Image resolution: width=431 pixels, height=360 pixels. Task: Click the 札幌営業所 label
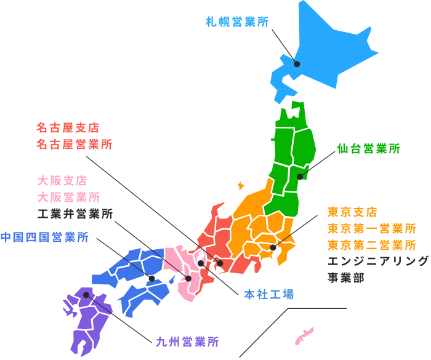pyautogui.click(x=237, y=22)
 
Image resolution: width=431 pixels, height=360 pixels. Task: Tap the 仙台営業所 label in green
pyautogui.click(x=369, y=148)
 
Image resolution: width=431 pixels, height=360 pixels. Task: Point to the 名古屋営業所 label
pyautogui.click(x=74, y=145)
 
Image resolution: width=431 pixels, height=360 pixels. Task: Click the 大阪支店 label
pyautogui.click(x=62, y=181)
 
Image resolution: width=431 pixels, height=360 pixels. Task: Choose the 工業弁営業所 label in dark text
pyautogui.click(x=75, y=214)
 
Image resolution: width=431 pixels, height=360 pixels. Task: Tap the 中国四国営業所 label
pyautogui.click(x=44, y=237)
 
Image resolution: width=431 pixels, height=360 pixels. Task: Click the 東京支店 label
pyautogui.click(x=352, y=212)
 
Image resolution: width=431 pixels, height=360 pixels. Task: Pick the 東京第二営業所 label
pyautogui.click(x=372, y=245)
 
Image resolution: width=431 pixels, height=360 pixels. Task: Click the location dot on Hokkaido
pyautogui.click(x=297, y=63)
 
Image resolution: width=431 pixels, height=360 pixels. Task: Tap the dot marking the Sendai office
pyautogui.click(x=300, y=177)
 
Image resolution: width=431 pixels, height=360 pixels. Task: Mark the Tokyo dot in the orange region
pyautogui.click(x=273, y=247)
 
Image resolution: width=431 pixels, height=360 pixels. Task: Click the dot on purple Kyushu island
pyautogui.click(x=86, y=295)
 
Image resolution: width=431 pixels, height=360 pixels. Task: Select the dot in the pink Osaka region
pyautogui.click(x=188, y=279)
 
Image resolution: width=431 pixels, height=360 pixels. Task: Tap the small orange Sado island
pyautogui.click(x=240, y=185)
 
